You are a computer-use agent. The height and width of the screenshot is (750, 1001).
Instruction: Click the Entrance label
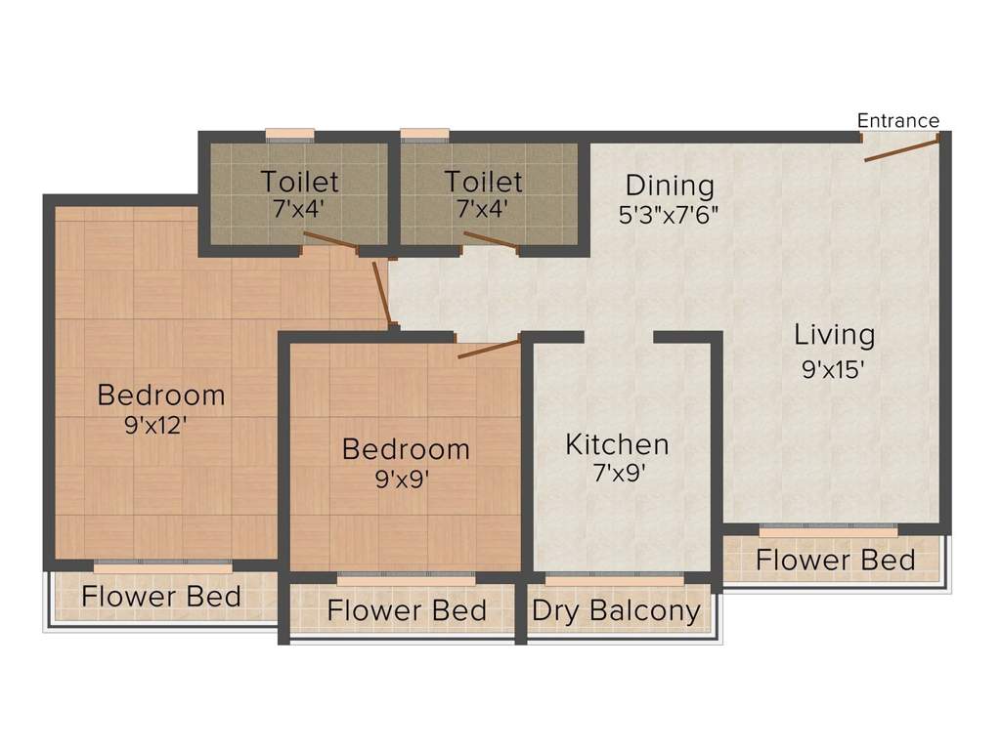click(x=897, y=121)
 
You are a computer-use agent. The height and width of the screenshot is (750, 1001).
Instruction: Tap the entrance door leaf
click(x=902, y=147)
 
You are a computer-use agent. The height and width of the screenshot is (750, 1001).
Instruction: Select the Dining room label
click(x=670, y=186)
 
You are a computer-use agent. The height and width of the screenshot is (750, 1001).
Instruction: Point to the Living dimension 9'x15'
click(x=834, y=370)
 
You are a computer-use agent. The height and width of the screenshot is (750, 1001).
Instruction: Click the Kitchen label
click(x=618, y=445)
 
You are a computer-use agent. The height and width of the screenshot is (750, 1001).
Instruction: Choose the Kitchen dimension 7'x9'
click(x=617, y=476)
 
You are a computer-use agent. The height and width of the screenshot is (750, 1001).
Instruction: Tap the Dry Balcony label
click(x=617, y=612)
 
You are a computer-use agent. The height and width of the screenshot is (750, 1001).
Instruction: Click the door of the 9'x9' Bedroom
click(x=488, y=349)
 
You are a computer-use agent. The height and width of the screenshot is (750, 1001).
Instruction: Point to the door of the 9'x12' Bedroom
click(x=383, y=291)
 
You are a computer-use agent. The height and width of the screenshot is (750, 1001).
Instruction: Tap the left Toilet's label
click(x=299, y=182)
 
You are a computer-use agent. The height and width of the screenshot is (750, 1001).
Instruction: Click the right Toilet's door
click(x=490, y=241)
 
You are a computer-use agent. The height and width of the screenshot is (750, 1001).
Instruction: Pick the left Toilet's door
click(x=330, y=241)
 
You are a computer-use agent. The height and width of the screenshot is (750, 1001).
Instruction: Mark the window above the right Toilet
click(x=425, y=135)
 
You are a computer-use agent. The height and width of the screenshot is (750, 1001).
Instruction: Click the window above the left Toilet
click(x=290, y=135)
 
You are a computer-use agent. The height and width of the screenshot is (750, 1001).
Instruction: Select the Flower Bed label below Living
click(x=836, y=561)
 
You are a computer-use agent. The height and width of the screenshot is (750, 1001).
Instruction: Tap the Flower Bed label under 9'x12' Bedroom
click(x=161, y=596)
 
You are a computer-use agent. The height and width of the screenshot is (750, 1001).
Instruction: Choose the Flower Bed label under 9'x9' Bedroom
click(x=407, y=611)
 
